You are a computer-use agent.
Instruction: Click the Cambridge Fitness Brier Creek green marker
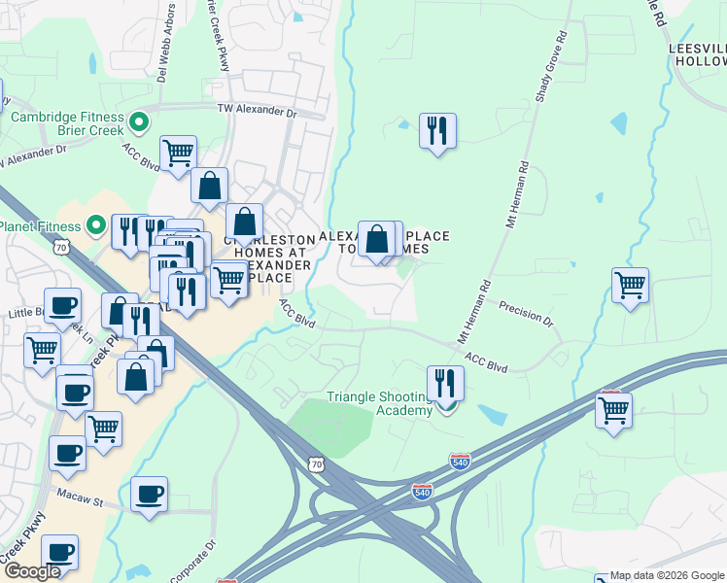tap(138, 122)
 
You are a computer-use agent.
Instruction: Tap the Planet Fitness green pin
tap(95, 227)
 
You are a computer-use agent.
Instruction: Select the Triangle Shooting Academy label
tap(379, 403)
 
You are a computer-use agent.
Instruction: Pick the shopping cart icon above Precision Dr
tap(630, 286)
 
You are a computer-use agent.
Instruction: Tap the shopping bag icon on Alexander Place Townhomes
tap(377, 238)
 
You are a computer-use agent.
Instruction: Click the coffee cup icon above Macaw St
tap(149, 494)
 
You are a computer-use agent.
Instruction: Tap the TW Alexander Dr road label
tap(257, 111)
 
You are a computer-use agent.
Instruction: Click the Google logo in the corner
tap(32, 571)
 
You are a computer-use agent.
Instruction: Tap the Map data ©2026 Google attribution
tap(660, 576)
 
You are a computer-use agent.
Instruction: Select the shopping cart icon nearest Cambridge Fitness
tap(178, 152)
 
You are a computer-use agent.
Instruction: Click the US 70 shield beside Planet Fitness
tap(62, 249)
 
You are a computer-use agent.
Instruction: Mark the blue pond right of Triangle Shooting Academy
tap(491, 415)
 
